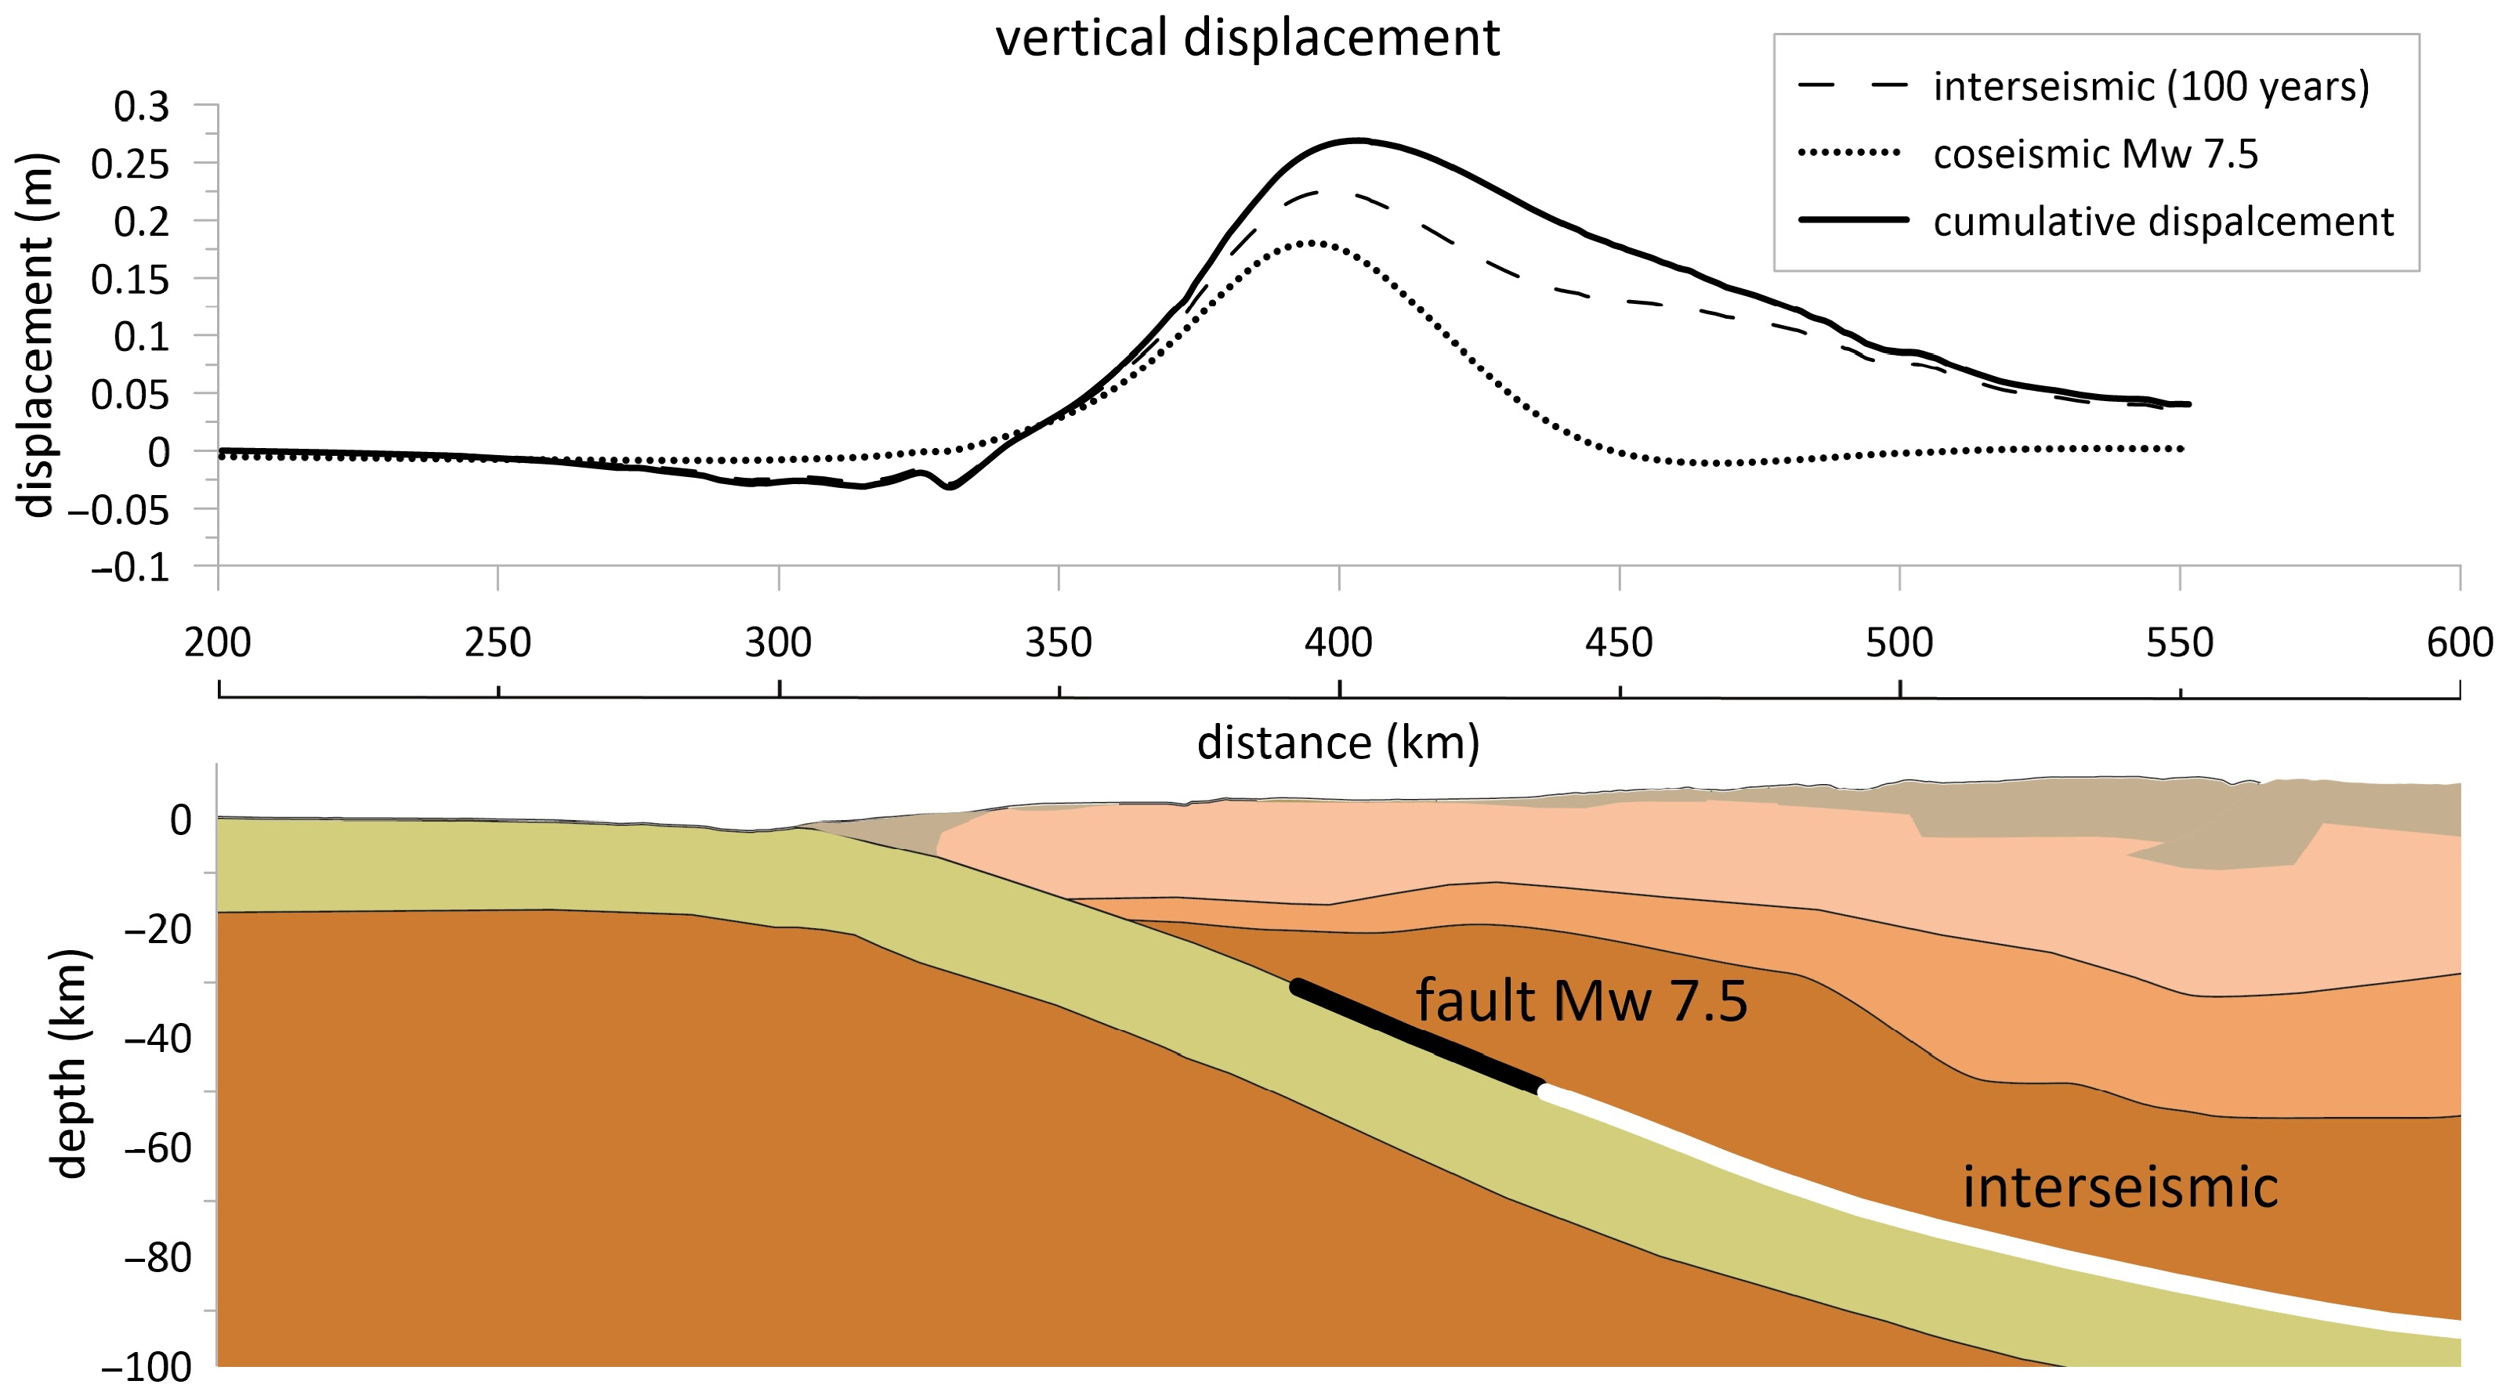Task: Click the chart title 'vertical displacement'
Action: click(1247, 39)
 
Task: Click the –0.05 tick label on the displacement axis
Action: click(129, 509)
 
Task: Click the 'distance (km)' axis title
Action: click(1338, 743)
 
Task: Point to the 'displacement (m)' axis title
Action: click(36, 335)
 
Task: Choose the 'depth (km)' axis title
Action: click(70, 1064)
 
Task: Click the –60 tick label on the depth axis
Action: click(157, 1148)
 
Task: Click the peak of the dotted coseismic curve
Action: click(1311, 242)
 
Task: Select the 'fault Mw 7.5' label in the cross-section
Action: click(1580, 1000)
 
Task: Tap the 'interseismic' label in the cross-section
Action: click(2120, 1187)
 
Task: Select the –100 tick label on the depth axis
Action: click(147, 1368)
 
